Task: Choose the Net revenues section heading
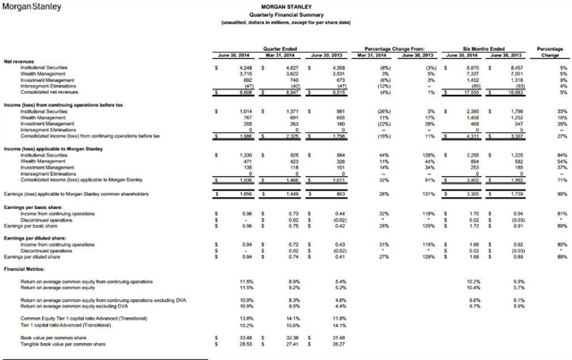pos(21,62)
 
